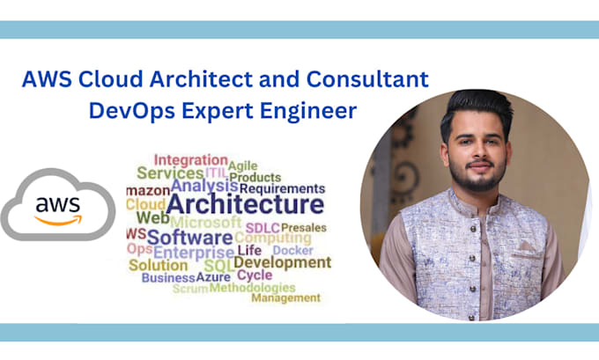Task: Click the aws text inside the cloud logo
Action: [x=56, y=204]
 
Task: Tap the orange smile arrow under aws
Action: [x=56, y=220]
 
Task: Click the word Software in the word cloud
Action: [x=189, y=237]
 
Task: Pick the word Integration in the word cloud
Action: [x=190, y=160]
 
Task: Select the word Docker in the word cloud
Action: [x=292, y=251]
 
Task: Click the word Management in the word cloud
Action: [x=285, y=298]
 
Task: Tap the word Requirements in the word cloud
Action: [x=282, y=187]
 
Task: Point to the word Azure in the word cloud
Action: [x=214, y=276]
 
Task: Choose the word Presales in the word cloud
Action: [x=303, y=228]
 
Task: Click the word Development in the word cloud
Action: [x=282, y=262]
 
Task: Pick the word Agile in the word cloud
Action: [x=242, y=165]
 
